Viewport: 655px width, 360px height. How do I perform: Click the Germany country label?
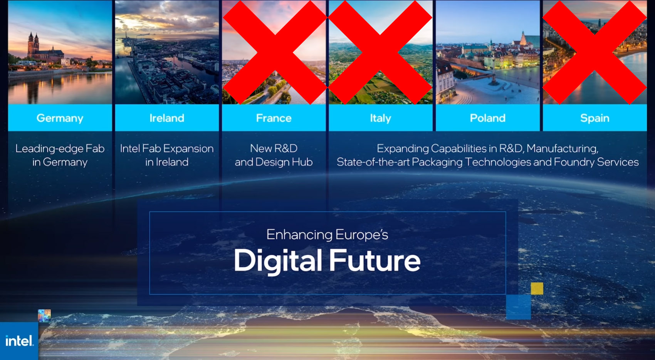[60, 118]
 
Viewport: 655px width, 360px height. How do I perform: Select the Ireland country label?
[167, 118]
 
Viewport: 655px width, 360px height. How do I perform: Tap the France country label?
[274, 118]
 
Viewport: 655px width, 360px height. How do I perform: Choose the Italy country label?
[380, 118]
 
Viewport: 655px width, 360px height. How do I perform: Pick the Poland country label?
[487, 118]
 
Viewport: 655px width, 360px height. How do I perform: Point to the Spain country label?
[595, 118]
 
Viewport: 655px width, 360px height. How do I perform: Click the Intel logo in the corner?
[19, 341]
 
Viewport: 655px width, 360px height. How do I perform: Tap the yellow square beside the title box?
[537, 288]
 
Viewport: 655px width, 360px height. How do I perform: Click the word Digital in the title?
[277, 261]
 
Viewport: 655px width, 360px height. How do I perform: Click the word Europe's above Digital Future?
[362, 235]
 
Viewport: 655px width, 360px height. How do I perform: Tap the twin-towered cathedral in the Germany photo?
[34, 45]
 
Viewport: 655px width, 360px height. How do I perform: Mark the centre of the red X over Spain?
[595, 53]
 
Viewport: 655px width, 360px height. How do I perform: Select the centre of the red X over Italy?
[380, 53]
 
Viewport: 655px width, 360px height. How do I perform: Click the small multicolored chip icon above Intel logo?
[44, 316]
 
